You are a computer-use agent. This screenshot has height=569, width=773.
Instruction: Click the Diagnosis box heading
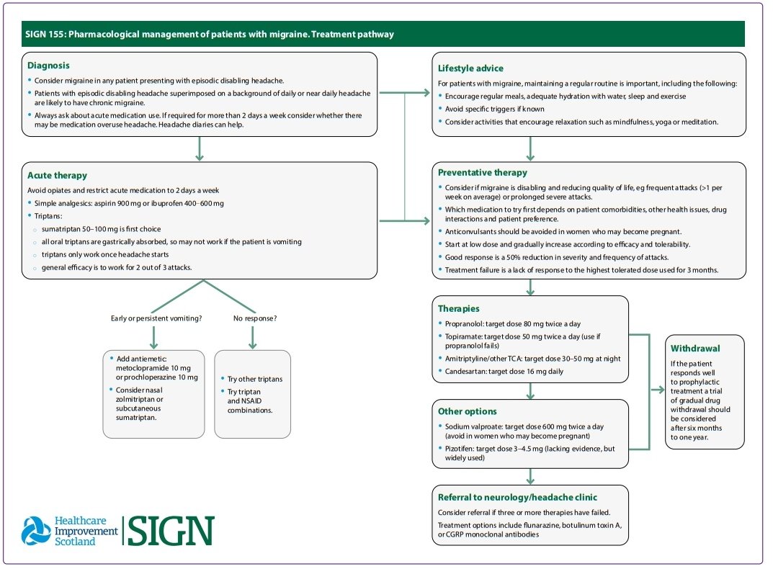click(x=48, y=66)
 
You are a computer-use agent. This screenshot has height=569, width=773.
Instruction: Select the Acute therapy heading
click(x=57, y=176)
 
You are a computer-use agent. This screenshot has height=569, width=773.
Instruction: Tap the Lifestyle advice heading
click(x=470, y=68)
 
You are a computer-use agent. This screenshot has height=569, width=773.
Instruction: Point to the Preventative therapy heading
click(x=482, y=173)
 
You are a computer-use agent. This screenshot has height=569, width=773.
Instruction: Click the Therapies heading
click(x=458, y=309)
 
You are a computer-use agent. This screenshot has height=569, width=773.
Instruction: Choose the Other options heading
click(x=467, y=411)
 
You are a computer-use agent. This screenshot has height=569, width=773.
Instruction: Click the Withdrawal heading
click(x=695, y=348)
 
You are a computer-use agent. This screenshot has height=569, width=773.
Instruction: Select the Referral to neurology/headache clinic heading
click(x=517, y=497)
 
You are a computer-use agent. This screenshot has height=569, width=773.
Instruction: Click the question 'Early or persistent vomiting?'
click(x=156, y=318)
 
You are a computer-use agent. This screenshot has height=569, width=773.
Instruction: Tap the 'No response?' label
click(x=255, y=318)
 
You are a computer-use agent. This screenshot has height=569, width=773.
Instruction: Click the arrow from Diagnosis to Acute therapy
click(x=199, y=149)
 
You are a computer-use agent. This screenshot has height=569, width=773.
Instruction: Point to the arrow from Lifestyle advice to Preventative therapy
click(x=530, y=149)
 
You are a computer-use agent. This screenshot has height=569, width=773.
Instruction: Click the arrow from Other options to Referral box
click(x=530, y=476)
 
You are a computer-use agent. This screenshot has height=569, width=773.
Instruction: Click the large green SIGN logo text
click(x=171, y=531)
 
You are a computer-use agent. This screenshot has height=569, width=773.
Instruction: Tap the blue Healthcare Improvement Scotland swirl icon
click(x=36, y=531)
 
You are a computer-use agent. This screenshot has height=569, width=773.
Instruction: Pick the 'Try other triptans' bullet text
click(x=255, y=379)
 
